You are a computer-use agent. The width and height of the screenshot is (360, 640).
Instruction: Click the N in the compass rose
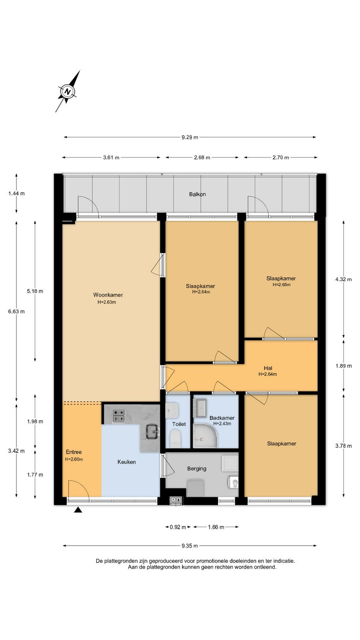click(x=68, y=92)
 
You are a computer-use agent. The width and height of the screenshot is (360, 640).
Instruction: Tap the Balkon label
click(x=198, y=194)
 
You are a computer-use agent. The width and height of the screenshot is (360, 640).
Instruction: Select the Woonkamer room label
click(x=108, y=295)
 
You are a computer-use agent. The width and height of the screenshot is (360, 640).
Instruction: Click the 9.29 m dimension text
click(x=190, y=137)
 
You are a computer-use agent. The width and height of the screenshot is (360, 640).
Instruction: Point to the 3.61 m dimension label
click(x=111, y=158)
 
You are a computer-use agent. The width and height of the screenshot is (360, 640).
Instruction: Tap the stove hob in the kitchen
click(x=118, y=416)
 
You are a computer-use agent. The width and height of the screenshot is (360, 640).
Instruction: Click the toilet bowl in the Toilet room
click(x=176, y=439)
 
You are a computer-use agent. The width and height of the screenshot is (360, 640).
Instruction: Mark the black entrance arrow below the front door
click(x=78, y=510)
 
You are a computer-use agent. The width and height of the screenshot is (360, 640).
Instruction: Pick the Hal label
click(x=268, y=368)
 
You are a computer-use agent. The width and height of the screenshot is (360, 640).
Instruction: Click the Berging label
click(x=196, y=468)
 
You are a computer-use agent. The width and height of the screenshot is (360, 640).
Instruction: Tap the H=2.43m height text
click(x=222, y=424)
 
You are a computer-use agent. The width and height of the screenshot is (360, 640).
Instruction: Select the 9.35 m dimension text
click(x=190, y=546)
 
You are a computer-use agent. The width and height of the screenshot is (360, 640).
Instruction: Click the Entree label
click(x=74, y=452)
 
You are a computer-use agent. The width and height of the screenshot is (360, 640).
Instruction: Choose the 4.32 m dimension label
click(x=344, y=280)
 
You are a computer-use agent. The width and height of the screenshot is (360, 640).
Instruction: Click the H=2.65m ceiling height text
click(x=282, y=284)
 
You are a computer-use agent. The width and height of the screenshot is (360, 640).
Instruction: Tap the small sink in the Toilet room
click(x=172, y=410)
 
